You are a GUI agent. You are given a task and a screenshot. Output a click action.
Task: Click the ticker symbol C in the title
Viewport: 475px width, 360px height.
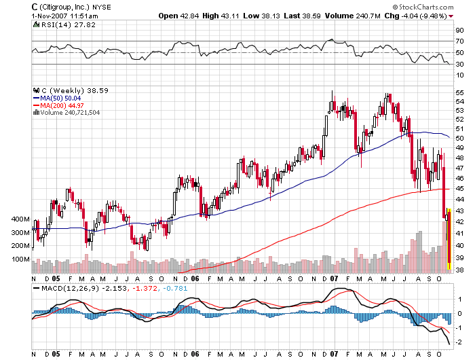[x=35, y=6]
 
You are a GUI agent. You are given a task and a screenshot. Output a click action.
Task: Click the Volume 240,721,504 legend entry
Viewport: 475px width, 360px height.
[x=67, y=113]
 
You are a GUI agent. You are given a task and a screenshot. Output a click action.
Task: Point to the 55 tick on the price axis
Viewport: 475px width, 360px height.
[x=459, y=93]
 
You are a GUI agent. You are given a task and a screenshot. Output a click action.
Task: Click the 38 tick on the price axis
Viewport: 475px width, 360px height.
[x=459, y=270]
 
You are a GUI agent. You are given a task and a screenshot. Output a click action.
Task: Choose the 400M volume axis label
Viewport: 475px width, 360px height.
[x=21, y=220]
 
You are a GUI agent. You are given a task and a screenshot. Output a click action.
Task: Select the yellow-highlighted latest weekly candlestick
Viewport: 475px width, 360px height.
[x=449, y=238]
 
